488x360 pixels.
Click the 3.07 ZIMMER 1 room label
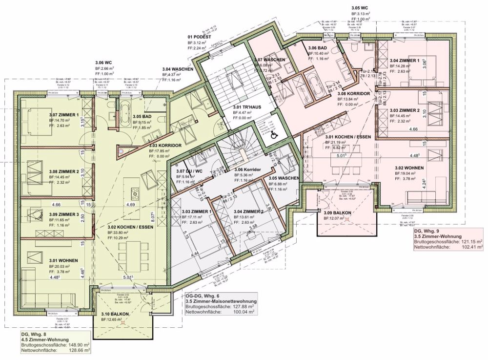click(65, 113)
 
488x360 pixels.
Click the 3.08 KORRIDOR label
click(355, 93)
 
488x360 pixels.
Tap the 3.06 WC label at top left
click(103, 63)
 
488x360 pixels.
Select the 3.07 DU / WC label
click(189, 171)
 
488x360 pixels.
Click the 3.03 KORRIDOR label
click(165, 146)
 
